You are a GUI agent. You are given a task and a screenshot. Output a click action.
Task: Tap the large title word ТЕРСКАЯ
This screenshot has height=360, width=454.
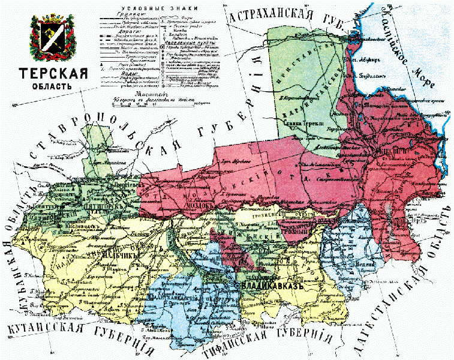(53, 74)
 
